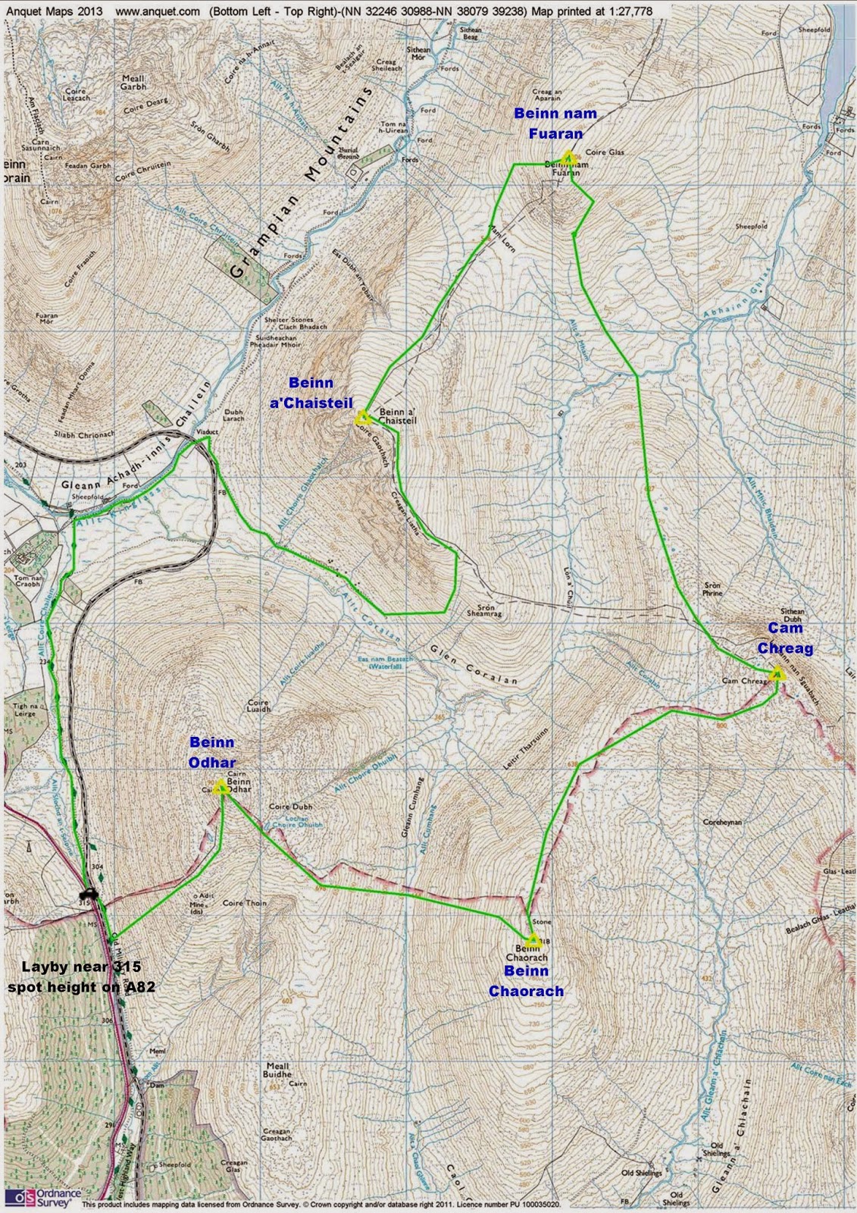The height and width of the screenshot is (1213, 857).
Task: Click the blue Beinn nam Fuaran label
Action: click(555, 124)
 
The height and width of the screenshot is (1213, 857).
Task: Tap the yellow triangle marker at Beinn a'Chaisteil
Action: click(362, 418)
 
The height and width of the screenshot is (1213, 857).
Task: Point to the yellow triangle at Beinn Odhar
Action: click(221, 788)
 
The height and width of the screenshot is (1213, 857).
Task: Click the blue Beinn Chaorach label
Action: click(526, 981)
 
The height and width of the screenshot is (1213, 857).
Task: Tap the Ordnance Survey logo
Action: click(42, 1197)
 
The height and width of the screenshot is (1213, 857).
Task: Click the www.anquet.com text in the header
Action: click(158, 11)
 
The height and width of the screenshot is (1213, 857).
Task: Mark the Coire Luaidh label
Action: click(258, 707)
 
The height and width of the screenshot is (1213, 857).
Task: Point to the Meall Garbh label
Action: click(133, 82)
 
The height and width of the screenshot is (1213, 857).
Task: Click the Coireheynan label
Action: click(722, 822)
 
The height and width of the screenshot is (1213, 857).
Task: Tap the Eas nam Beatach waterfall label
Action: click(386, 663)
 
